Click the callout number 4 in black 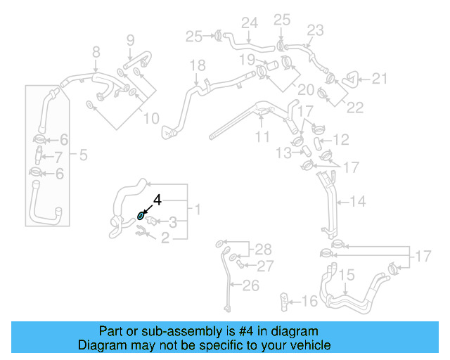pos(157,200)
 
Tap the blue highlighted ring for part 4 pos(141,217)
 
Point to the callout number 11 pos(262,137)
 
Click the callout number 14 pos(358,202)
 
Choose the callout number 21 pos(380,79)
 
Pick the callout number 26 pos(251,285)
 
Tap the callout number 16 pos(309,302)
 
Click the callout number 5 pos(83,154)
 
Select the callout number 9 pos(130,39)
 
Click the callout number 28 pos(262,249)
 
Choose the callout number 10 pos(151,119)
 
